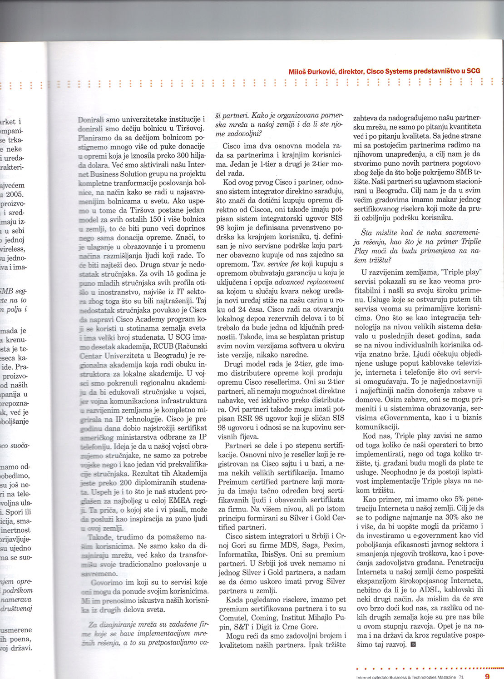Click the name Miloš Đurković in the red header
[x=312, y=71]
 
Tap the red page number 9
[x=487, y=676]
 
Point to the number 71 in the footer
[x=461, y=677]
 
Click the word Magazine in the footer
[x=442, y=677]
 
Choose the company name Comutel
[x=233, y=618]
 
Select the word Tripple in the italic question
[x=471, y=242]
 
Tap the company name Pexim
[x=333, y=545]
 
